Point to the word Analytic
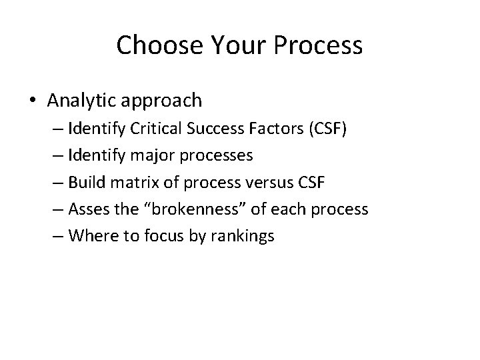[x=83, y=101]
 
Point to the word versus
[x=271, y=182]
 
